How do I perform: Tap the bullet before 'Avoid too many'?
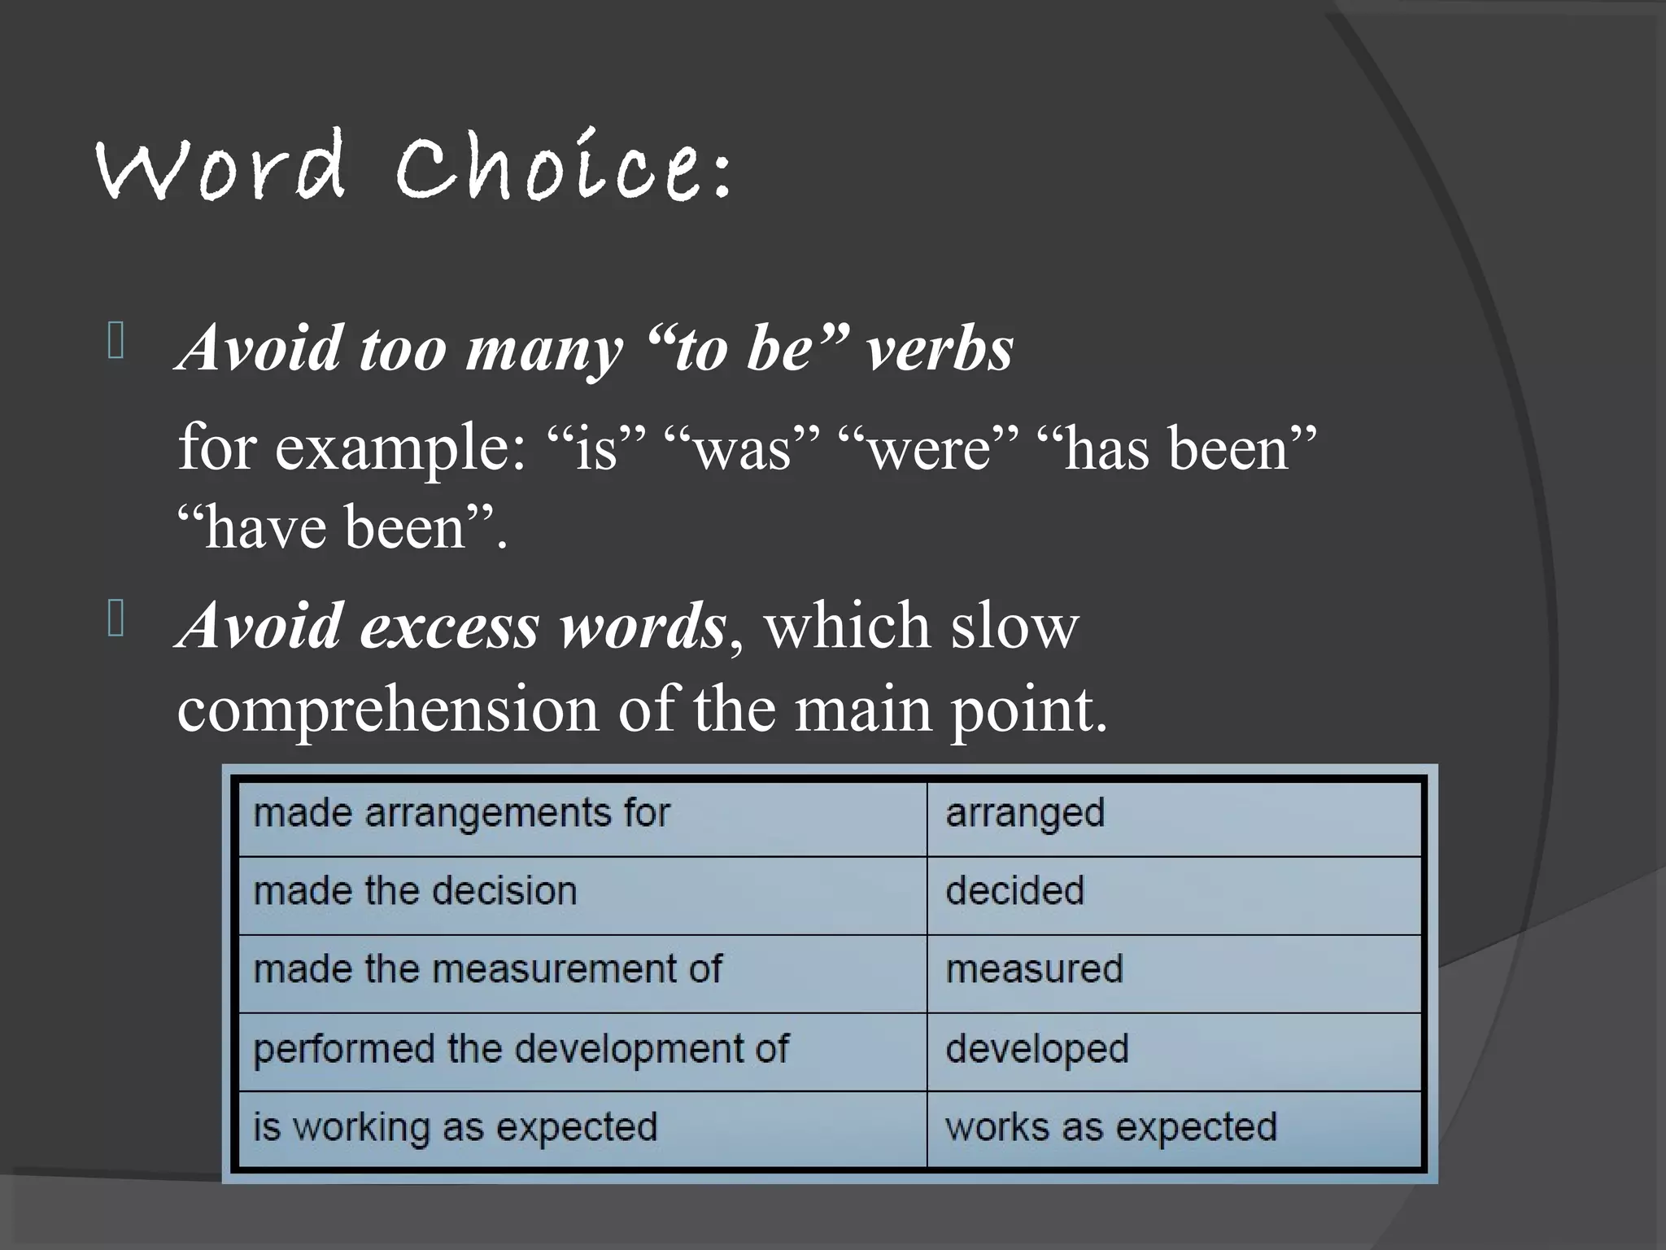pos(115,342)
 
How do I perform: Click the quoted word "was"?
pos(740,449)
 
